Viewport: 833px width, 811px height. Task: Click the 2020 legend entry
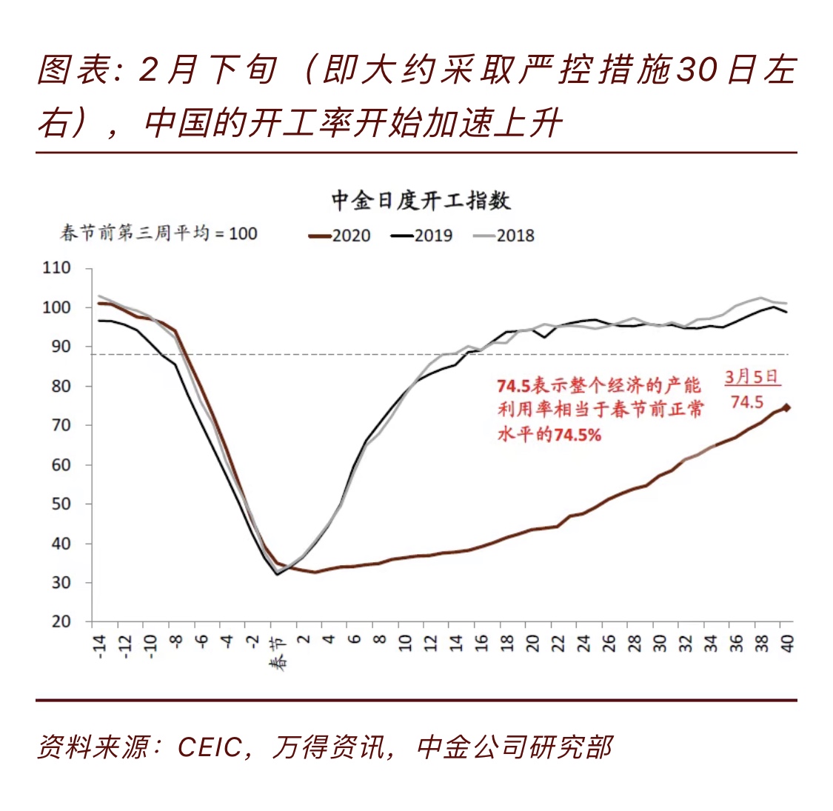pos(341,236)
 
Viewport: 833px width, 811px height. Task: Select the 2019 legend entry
pos(423,236)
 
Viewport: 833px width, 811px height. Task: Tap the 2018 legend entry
pos(505,236)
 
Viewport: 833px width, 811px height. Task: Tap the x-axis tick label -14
pos(100,646)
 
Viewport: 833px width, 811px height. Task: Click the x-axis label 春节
pos(278,653)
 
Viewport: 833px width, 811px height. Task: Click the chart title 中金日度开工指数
pos(421,201)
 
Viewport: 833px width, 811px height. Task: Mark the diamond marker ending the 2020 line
pos(786,407)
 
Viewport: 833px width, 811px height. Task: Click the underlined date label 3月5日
pos(752,376)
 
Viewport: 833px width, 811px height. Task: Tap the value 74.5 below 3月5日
pos(747,401)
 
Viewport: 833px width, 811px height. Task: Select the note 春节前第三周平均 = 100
pos(158,233)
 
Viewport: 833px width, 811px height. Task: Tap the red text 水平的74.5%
pos(549,435)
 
